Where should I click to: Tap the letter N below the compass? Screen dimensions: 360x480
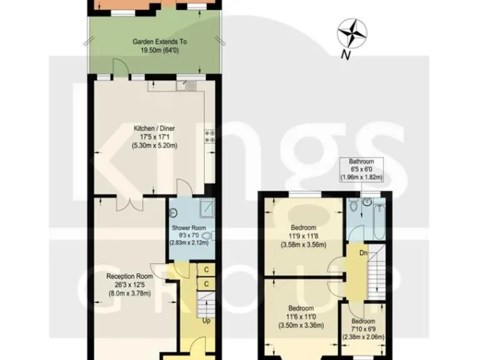[x=344, y=56]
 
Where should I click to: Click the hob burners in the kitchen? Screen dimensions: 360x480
[x=209, y=136]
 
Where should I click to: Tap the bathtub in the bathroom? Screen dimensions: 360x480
[x=379, y=220]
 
